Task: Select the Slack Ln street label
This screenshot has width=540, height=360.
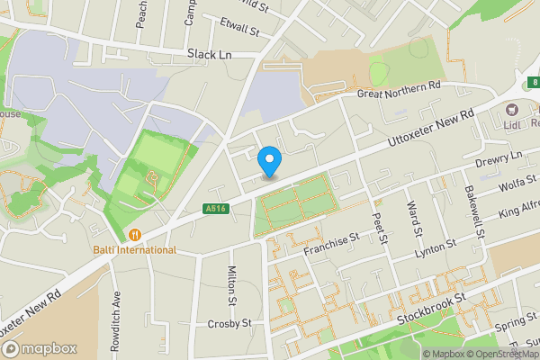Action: pyautogui.click(x=210, y=54)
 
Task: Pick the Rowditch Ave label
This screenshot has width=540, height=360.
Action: pyautogui.click(x=115, y=309)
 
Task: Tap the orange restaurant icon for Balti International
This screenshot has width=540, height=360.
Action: pyautogui.click(x=135, y=235)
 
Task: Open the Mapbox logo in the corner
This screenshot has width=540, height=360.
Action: pyautogui.click(x=39, y=348)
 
